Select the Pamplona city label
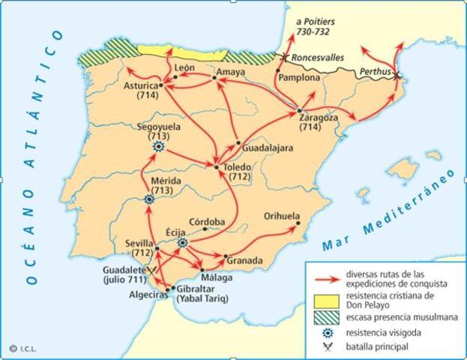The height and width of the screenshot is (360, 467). click(298, 77)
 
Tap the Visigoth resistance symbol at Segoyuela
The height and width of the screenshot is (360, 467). click(158, 148)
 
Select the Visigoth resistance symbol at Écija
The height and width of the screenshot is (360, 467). click(183, 242)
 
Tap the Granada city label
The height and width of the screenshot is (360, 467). click(247, 261)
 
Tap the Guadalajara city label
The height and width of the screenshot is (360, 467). click(267, 148)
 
